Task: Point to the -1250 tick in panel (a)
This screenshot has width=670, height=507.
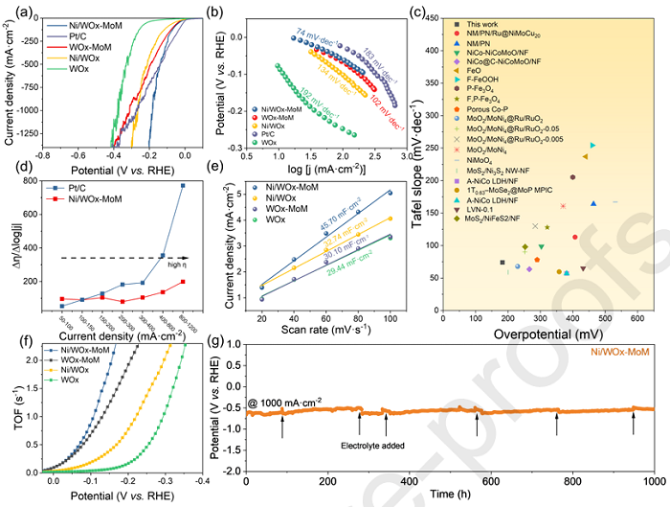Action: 28,127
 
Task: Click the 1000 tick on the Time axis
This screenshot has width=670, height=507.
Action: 654,481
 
